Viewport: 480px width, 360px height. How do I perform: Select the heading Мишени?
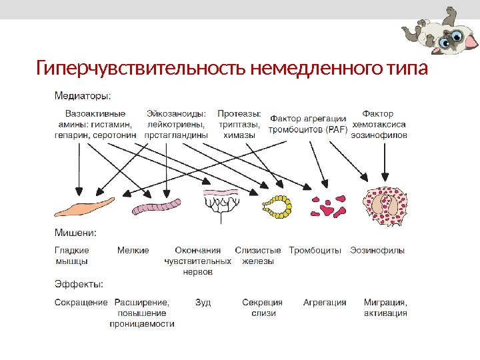coord(75,233)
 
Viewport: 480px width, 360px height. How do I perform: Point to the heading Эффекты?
coord(78,285)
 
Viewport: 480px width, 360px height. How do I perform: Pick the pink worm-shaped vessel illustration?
coord(157,207)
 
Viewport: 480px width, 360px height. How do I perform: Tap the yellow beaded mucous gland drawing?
coord(277,207)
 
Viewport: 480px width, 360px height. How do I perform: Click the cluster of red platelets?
coord(327,207)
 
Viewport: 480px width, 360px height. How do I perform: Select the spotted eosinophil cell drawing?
coord(385,206)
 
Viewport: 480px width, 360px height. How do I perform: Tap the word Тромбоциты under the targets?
coord(315,251)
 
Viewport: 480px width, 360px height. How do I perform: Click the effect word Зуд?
coord(203,303)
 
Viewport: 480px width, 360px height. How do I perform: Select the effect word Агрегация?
coord(325,303)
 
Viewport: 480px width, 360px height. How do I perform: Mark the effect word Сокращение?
coord(80,303)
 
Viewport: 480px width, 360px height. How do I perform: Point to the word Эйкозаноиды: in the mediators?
coord(177,113)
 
